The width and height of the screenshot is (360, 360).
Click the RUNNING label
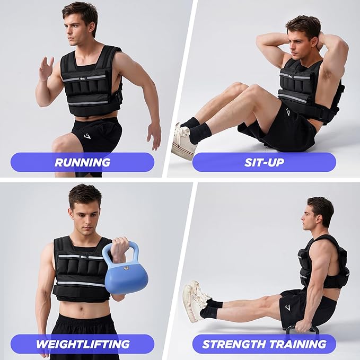[82, 162]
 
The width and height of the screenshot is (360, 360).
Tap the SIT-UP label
[264, 162]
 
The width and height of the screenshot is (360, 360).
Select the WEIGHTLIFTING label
[82, 344]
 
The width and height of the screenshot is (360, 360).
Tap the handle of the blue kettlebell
[120, 248]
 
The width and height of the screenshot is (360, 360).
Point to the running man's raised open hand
[46, 68]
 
